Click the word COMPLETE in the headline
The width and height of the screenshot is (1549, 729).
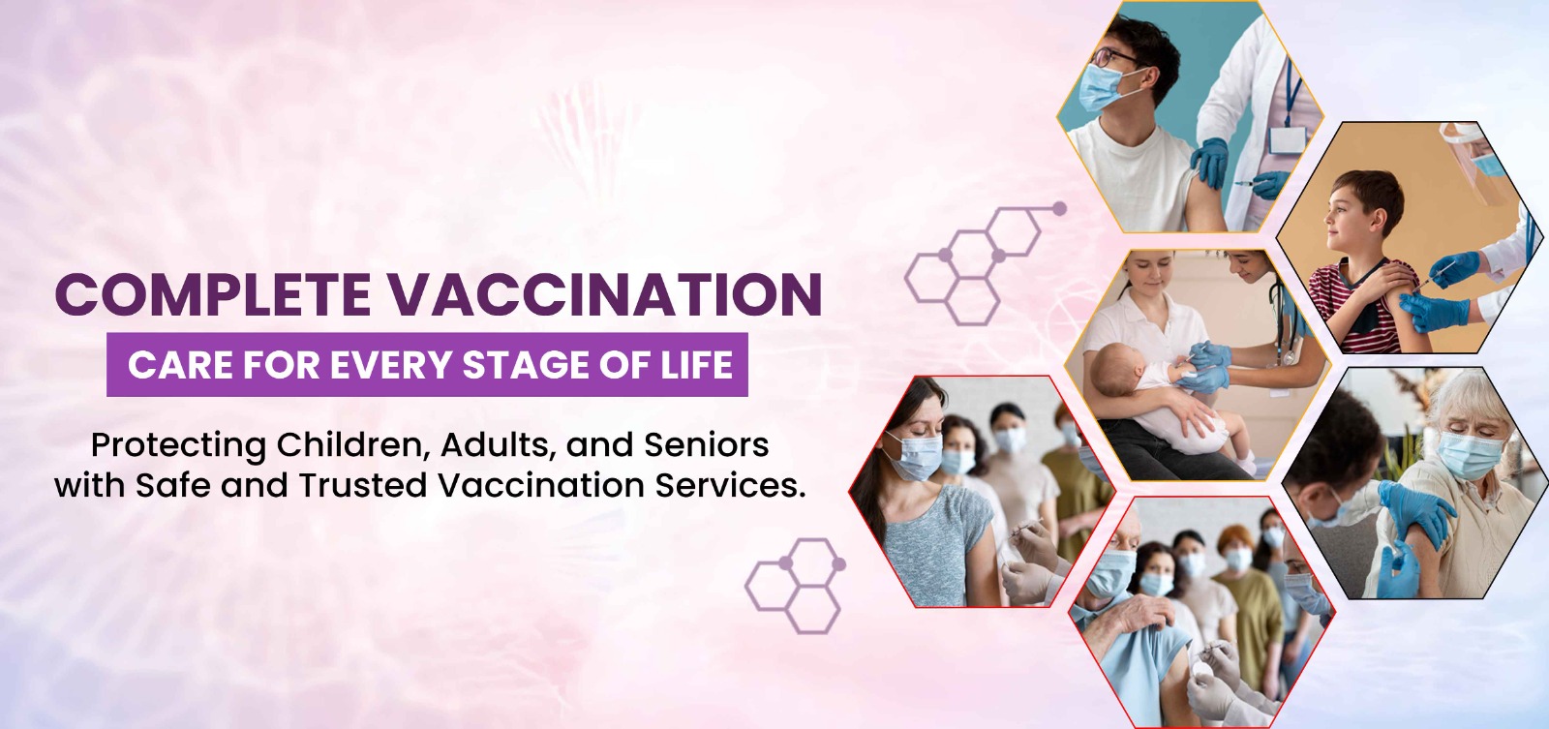click(212, 294)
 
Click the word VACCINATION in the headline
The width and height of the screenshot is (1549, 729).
click(604, 294)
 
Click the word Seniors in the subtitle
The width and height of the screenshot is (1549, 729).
click(706, 444)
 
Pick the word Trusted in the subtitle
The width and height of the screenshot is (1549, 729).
click(363, 485)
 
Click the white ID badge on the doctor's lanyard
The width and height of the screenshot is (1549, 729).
click(1288, 141)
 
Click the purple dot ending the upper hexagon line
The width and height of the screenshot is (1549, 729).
click(1059, 208)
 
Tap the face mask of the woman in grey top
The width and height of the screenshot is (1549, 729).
click(914, 456)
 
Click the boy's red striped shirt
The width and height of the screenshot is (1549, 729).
click(1366, 304)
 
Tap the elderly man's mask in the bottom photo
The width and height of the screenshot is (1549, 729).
click(1110, 573)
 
